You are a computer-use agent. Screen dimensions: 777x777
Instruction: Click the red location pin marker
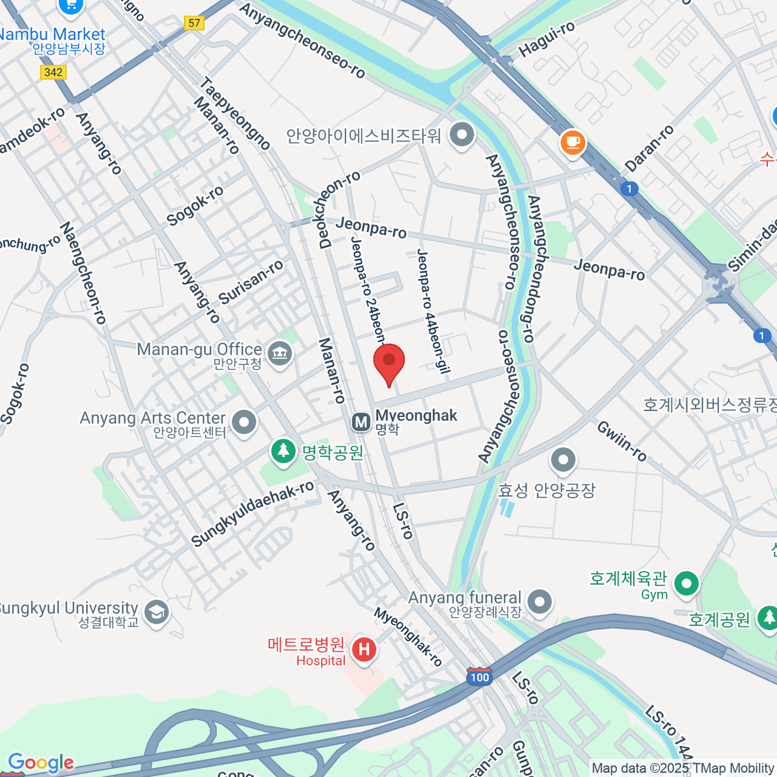coord(389,363)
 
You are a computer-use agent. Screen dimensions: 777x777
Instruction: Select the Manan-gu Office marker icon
coord(280,354)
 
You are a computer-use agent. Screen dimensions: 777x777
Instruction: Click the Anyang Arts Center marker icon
coord(244,422)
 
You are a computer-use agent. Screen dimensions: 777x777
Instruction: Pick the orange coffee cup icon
coord(572,142)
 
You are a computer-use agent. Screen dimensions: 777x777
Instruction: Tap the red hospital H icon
coord(364,649)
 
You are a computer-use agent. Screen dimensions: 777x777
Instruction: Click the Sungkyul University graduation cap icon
coord(157,613)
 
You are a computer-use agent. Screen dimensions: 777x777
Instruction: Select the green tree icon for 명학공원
coord(283,450)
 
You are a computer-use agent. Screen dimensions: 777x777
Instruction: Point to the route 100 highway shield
coord(479,677)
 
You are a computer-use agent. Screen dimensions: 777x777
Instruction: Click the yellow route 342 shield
coord(53,72)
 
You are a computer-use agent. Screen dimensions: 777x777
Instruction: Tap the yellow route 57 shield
coord(194,23)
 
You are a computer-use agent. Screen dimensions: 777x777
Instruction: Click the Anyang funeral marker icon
coord(539,602)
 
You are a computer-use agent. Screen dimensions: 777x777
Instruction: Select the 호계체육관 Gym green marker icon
coord(686,583)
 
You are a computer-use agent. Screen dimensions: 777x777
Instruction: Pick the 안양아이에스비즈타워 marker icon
coord(462,135)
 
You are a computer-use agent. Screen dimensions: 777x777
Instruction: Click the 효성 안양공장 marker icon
coord(563,460)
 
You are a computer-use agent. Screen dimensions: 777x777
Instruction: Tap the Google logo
coord(40,763)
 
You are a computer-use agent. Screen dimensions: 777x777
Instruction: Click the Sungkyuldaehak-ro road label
coord(253,513)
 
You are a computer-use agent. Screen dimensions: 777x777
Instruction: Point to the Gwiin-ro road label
coord(622,441)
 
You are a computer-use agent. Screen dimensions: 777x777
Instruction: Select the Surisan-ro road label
coord(251,282)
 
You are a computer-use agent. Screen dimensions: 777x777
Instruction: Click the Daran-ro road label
coord(649,148)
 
